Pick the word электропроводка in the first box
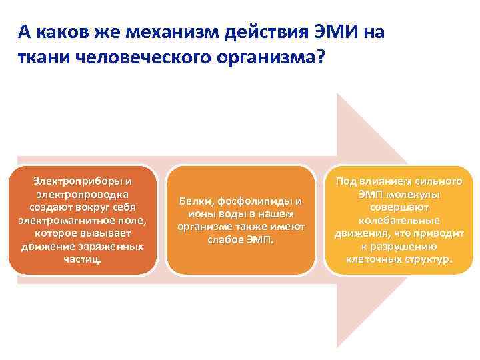(x=83, y=194)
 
